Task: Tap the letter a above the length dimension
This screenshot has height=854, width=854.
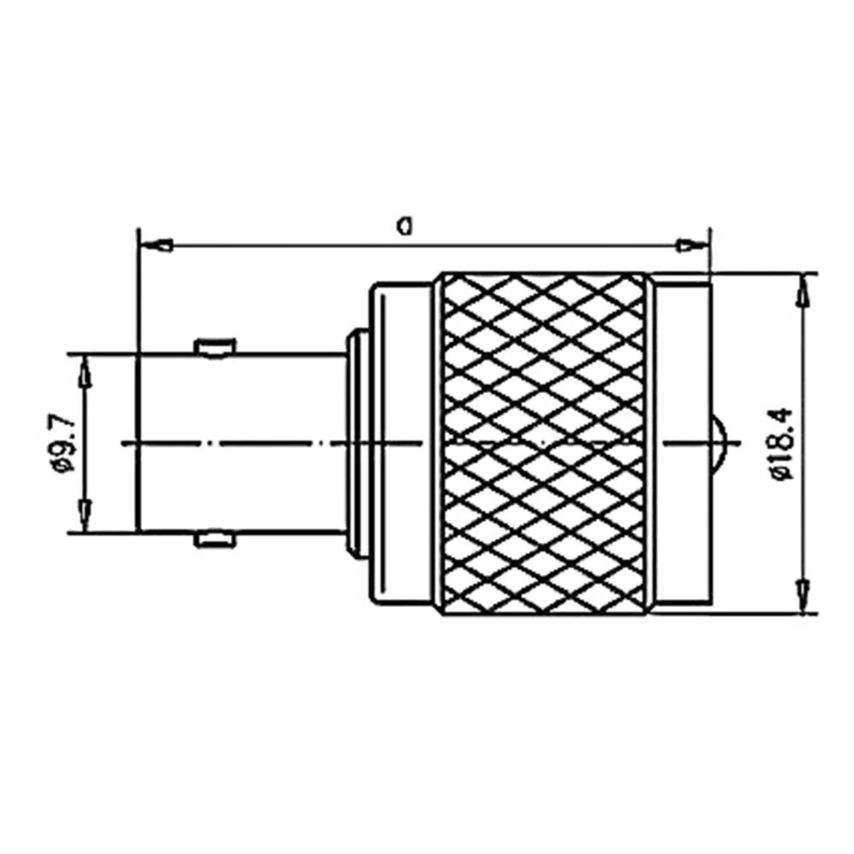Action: click(406, 225)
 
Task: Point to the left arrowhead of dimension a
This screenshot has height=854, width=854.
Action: click(155, 246)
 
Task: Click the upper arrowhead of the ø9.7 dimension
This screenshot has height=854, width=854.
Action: click(84, 369)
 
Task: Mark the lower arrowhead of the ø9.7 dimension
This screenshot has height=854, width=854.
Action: click(84, 516)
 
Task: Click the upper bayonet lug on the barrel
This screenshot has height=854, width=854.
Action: click(213, 347)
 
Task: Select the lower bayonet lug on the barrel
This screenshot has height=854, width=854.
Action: click(213, 538)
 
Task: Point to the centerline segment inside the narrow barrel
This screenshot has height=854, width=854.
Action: click(239, 442)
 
